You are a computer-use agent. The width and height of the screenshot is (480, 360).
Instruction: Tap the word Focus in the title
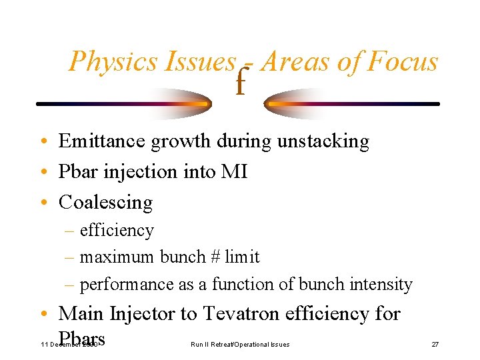(403, 62)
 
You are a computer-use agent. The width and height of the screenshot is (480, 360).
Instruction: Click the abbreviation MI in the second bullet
(235, 172)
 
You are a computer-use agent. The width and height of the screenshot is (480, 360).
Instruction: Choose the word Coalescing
(105, 202)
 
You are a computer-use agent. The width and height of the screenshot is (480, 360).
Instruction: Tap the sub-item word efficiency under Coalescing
(117, 231)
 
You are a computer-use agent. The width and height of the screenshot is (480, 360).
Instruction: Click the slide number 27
(435, 344)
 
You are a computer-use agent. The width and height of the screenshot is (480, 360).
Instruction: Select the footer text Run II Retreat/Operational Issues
(240, 344)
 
